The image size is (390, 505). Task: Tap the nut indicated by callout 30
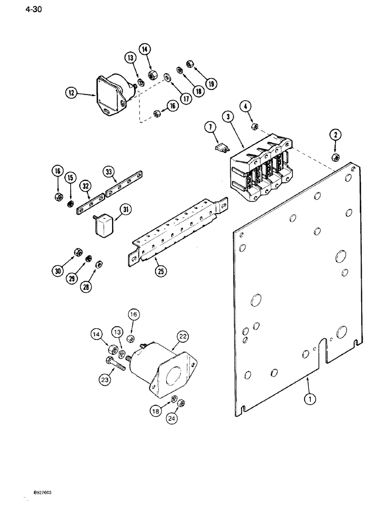pos(78,252)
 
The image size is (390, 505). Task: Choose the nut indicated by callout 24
pos(183,402)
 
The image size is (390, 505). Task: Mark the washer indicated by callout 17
pos(167,77)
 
